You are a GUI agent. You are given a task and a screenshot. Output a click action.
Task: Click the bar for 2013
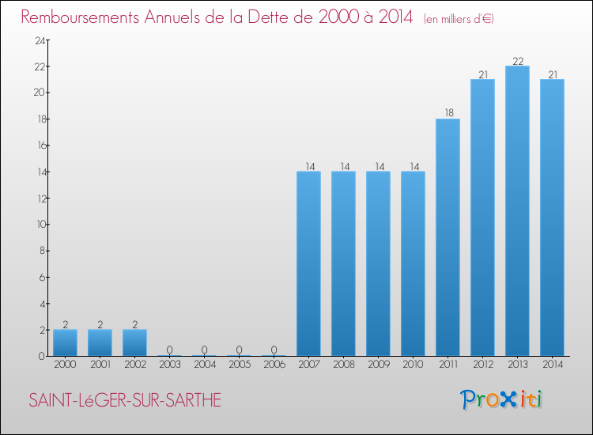pos(517,211)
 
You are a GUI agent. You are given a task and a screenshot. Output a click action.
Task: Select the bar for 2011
pos(448,237)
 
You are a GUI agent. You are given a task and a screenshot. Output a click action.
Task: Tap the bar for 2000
pos(65,343)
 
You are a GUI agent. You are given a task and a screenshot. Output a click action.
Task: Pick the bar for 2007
pos(308,263)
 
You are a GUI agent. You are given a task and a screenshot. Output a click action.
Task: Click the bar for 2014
pos(552,217)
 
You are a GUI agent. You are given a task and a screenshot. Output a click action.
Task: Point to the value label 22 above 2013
pos(517,61)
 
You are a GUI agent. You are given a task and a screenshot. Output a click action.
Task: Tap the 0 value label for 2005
pos(239,350)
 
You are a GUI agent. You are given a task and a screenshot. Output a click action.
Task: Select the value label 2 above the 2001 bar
pos(100,324)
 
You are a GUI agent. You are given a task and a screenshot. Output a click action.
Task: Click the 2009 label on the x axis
pos(378,365)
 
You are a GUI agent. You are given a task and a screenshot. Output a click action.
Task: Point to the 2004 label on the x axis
pos(204,365)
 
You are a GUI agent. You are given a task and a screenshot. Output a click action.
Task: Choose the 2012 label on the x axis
pos(482,365)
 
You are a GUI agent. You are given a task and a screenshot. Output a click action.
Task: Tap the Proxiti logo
pos(502,399)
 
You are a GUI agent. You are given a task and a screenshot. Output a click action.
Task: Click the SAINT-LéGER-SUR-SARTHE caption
pos(125,400)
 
